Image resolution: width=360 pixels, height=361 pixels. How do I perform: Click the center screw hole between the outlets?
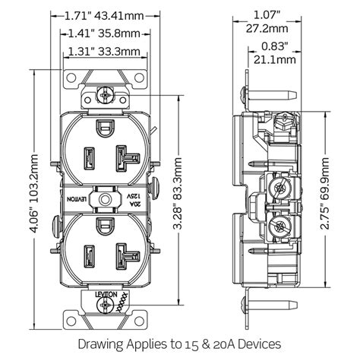103,196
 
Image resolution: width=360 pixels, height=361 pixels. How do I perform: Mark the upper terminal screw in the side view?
279,182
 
